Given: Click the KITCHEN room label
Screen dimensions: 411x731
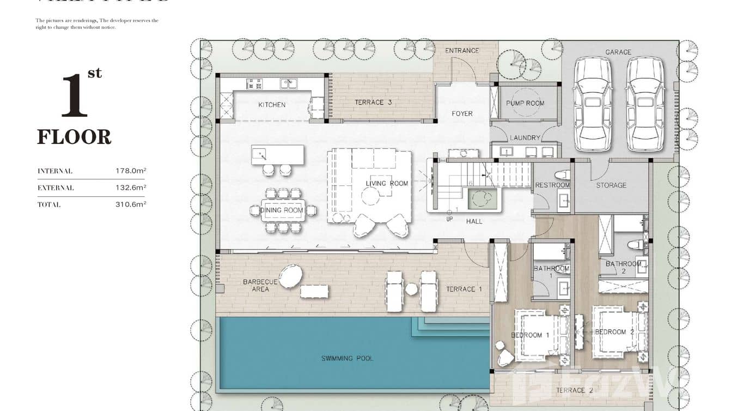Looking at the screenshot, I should coord(271,105).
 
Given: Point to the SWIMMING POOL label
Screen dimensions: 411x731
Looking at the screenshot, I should coord(347,359).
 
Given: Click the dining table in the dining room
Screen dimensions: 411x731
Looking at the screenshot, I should coord(282,210).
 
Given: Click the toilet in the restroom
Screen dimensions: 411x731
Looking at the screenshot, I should coord(564,175).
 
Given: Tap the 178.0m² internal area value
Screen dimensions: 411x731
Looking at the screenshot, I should coord(131,171).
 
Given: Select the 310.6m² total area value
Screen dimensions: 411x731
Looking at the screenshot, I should coord(131,205).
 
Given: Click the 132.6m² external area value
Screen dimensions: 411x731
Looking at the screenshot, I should coord(131,188).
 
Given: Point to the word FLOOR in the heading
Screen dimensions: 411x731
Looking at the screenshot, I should coord(74,137).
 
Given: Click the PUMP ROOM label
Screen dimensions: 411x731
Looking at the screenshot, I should coord(525,103).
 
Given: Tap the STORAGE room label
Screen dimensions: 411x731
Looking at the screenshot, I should coord(611,185).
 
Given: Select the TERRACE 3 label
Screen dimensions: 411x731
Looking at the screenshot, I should coord(373,102).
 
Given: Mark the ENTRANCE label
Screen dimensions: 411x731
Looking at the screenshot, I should coord(462,51).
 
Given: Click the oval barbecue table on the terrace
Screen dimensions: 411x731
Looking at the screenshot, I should coord(291,276).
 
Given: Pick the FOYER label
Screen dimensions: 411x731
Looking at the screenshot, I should coord(462,113).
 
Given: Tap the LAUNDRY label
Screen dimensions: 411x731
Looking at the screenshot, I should coord(525,138).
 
